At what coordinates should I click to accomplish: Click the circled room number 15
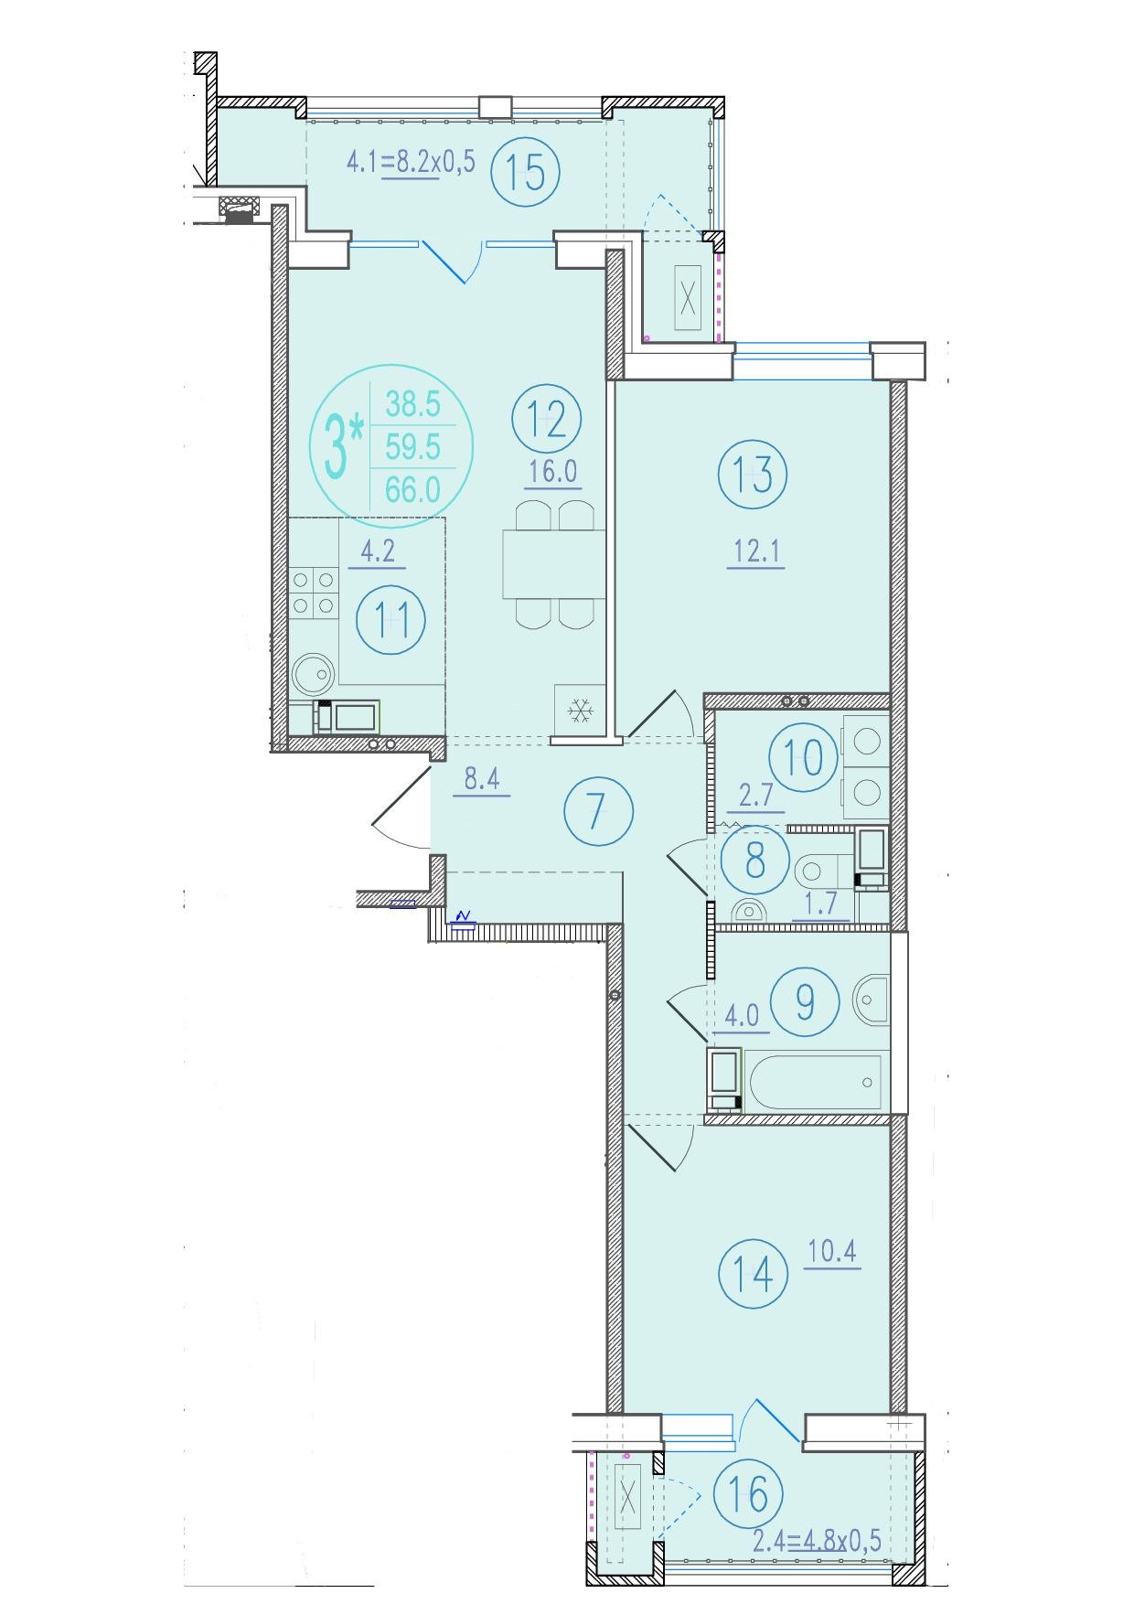525,172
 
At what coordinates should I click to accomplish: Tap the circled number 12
548,419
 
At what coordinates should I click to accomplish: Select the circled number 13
753,475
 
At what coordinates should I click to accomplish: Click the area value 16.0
552,473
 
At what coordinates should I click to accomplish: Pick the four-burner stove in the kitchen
313,592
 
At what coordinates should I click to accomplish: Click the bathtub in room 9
815,1082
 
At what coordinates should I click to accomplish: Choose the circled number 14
753,1272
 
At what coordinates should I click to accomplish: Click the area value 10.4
832,1252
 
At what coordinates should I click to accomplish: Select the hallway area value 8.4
481,780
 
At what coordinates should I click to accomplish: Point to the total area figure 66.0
412,491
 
